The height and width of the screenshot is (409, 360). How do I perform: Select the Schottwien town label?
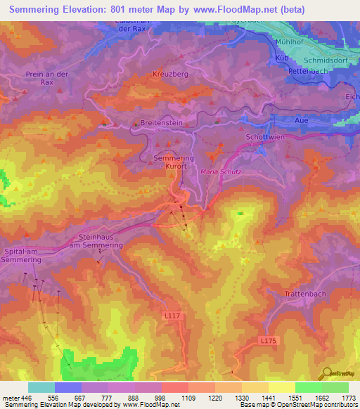pos(265,137)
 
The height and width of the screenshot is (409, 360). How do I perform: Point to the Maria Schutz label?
pos(221,171)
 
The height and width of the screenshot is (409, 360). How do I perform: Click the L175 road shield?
pos(268,341)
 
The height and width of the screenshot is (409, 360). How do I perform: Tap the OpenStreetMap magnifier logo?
pos(327,373)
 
